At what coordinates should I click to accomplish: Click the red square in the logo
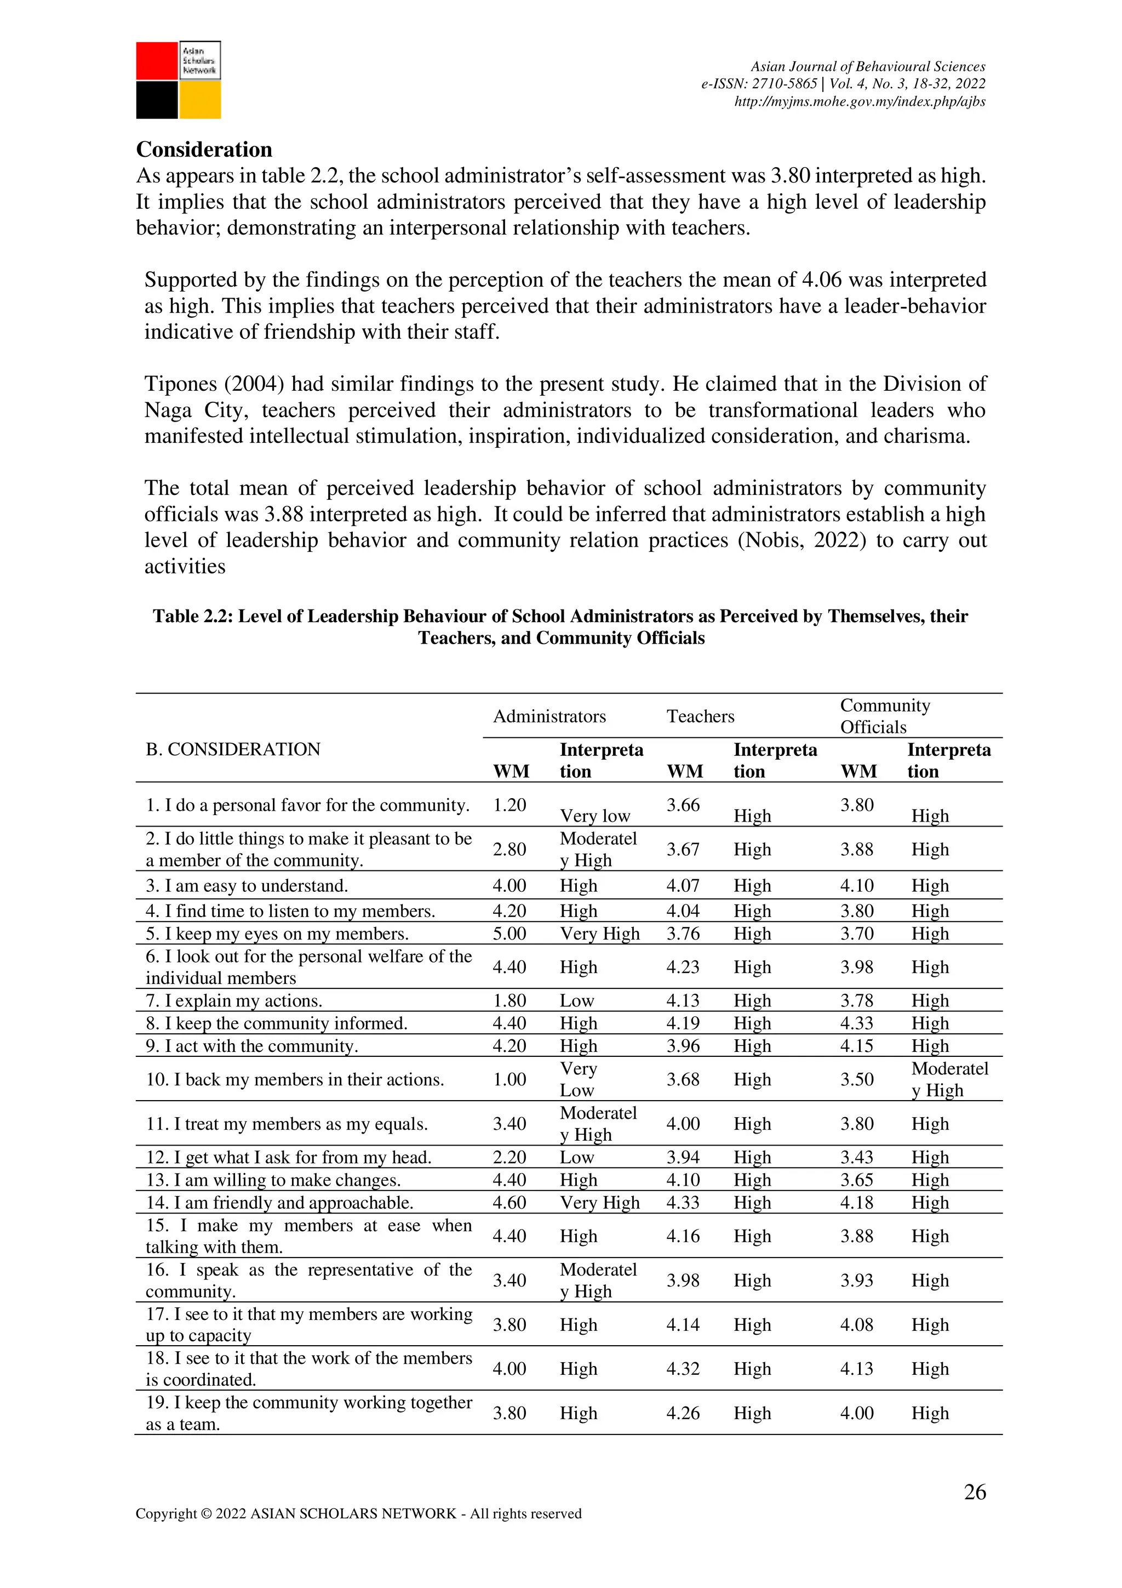pos(157,61)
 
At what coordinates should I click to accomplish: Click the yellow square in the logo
pos(201,100)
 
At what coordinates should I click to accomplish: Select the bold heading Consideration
pos(204,150)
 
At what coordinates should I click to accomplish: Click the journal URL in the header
pos(859,101)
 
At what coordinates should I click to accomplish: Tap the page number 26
pos(975,1492)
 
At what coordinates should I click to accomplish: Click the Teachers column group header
pos(700,716)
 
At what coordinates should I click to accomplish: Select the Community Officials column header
pos(885,716)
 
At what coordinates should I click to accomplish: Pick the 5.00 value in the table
pos(510,934)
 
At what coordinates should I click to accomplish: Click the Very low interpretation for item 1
pos(594,816)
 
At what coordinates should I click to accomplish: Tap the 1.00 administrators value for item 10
pos(510,1080)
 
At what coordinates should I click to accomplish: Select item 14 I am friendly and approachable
pos(279,1203)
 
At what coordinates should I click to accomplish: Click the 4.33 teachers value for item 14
pos(683,1203)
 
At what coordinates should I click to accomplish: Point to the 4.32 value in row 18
pos(683,1369)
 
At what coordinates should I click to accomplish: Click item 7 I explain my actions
pos(234,1001)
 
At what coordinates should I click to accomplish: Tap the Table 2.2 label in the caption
pos(192,616)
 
